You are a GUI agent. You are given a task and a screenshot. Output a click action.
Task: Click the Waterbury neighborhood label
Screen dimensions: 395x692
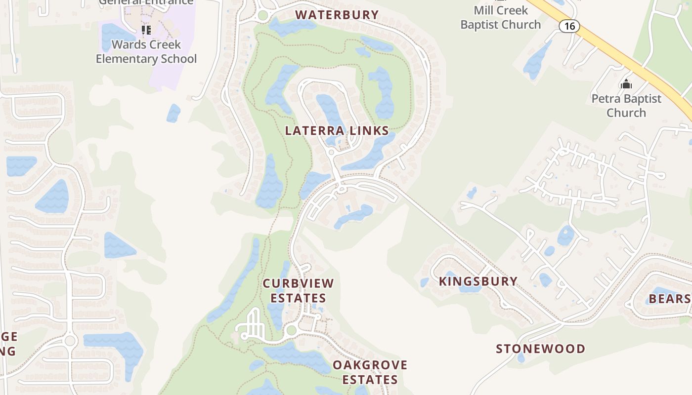(x=337, y=15)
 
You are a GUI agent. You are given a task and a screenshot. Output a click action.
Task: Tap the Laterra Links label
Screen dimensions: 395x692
(x=337, y=131)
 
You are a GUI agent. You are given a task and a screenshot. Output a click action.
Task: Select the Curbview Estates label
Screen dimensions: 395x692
(x=298, y=290)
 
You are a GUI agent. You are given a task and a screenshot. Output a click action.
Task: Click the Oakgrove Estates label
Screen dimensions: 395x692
(x=370, y=372)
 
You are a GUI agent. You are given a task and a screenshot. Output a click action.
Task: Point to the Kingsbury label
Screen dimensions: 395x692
(x=478, y=281)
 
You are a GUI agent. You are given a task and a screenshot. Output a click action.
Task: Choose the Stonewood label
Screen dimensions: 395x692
(x=540, y=349)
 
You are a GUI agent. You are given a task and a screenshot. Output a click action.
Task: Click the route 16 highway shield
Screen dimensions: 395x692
(x=569, y=26)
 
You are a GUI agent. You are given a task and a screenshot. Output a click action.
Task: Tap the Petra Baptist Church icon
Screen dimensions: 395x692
(x=626, y=84)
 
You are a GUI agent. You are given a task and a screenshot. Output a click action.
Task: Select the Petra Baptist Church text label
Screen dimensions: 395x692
(x=626, y=106)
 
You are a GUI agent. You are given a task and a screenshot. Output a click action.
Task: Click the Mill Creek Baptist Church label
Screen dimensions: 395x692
(x=501, y=17)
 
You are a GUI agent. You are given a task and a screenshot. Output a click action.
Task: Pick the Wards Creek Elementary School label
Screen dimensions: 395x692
(x=146, y=51)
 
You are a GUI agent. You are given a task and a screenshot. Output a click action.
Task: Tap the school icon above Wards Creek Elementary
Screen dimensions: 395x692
(x=146, y=30)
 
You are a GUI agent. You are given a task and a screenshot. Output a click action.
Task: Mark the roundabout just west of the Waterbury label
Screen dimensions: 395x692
(x=263, y=15)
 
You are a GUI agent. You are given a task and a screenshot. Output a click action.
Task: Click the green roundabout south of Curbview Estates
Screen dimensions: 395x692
(x=291, y=330)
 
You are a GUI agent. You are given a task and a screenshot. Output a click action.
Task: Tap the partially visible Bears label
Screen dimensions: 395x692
(x=669, y=299)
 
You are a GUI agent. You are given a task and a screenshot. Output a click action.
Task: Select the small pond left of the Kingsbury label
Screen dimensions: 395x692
(x=425, y=282)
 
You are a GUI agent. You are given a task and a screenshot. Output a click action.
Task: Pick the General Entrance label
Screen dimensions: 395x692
(x=146, y=2)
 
